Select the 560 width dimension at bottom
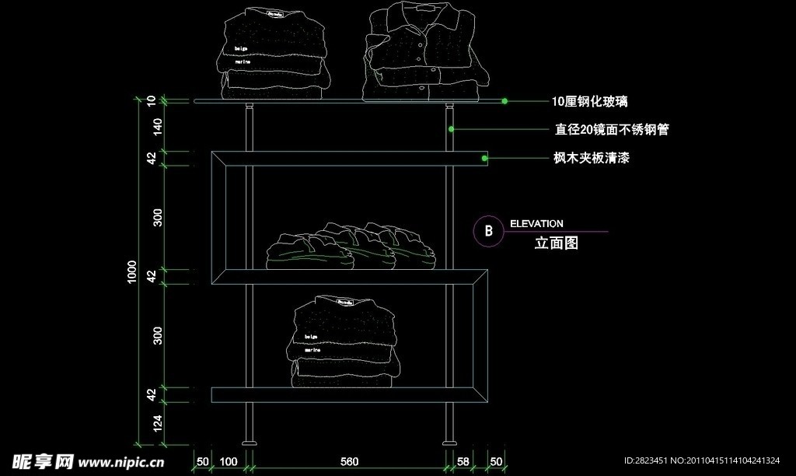click(x=349, y=462)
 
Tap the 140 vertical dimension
click(x=158, y=127)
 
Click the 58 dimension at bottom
click(x=463, y=462)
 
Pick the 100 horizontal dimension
click(x=229, y=462)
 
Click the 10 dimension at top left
click(x=152, y=100)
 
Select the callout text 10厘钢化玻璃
click(x=589, y=102)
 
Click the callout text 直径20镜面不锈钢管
click(x=611, y=130)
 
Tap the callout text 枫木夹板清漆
click(x=591, y=158)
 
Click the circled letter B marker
click(x=488, y=231)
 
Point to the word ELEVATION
click(x=536, y=224)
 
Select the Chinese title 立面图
click(x=557, y=243)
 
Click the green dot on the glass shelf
click(x=504, y=101)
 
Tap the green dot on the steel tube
click(x=450, y=129)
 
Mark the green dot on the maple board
click(x=484, y=159)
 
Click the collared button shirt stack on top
click(x=424, y=53)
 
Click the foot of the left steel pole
click(x=249, y=443)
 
